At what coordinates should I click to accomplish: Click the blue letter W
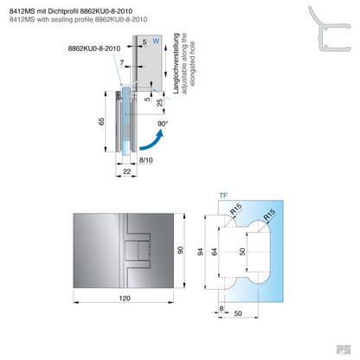pos(156,40)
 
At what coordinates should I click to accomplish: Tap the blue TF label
pos(224,196)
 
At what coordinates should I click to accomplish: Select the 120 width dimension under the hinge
pos(125,297)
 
